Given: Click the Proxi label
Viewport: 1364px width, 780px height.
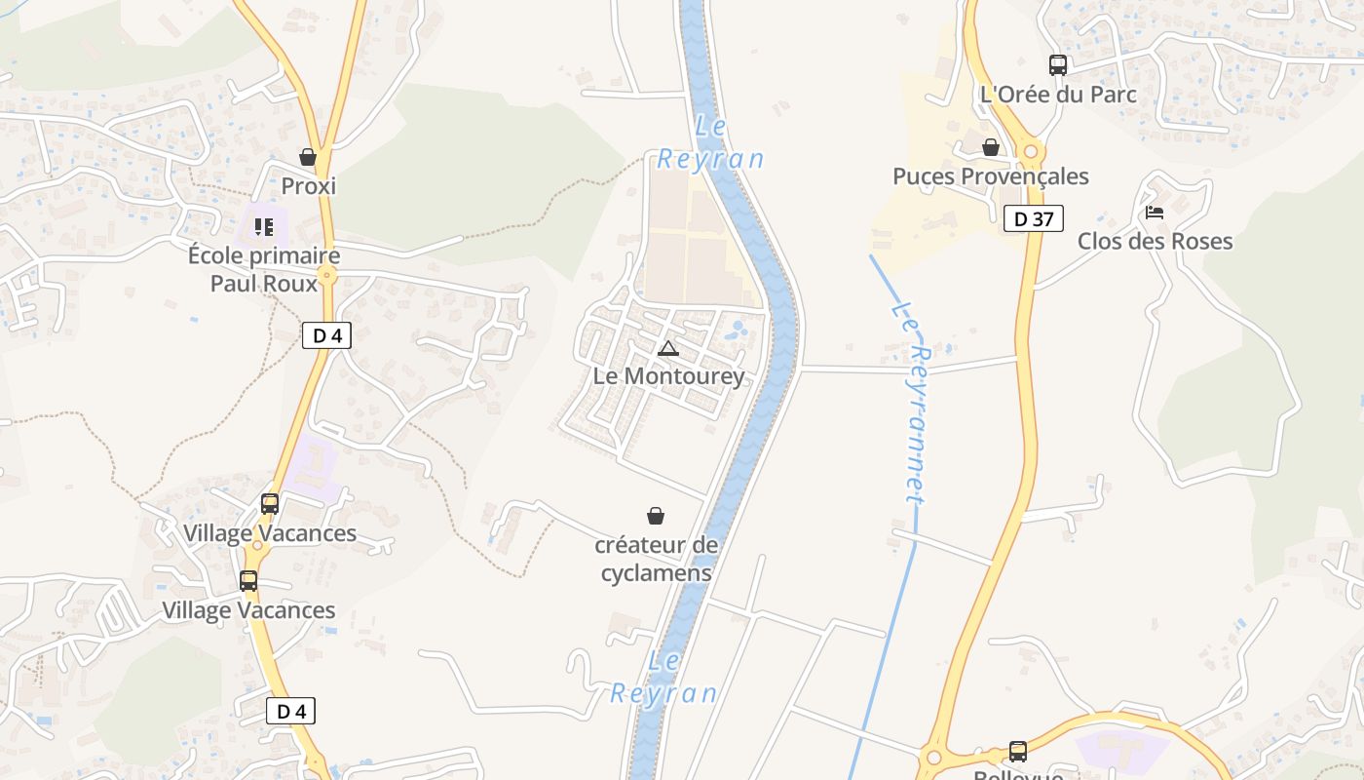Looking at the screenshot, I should point(308,185).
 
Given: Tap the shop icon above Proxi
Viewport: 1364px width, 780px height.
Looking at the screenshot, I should point(308,157).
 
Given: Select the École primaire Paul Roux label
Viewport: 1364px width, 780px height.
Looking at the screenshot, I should point(264,269).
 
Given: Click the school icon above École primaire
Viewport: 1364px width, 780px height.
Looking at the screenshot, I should point(264,227).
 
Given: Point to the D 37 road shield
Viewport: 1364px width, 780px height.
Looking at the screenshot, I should point(1033,218).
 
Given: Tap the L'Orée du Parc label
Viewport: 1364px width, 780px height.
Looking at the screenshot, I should point(1058,95).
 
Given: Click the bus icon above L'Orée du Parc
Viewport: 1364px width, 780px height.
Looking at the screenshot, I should point(1058,65).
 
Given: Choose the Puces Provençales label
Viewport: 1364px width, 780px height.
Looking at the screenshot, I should point(991,176).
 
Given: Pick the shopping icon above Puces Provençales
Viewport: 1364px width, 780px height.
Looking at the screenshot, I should point(991,147).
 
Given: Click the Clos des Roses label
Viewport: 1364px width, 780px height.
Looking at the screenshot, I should point(1155,241).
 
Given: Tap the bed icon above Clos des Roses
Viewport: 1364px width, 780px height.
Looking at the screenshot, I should point(1155,213).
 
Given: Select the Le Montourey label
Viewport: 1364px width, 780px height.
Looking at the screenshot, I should point(668,376).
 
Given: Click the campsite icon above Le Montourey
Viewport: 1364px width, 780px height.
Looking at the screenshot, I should point(667,348).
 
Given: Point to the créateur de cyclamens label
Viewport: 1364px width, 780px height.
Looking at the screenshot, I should point(656,559).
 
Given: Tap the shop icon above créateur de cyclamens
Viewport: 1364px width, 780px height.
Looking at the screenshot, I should point(656,516).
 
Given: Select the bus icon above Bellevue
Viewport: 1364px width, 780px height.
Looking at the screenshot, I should point(1018,751).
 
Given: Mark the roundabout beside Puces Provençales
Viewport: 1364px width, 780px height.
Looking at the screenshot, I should point(1031,151).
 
